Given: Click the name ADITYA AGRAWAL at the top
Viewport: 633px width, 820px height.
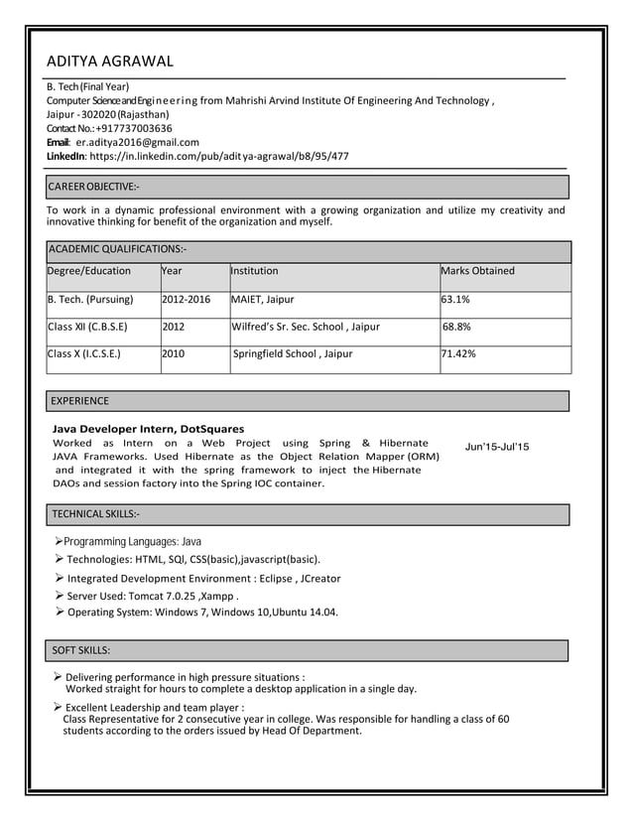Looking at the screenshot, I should click(x=110, y=63).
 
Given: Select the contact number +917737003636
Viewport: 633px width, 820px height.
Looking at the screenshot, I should click(x=132, y=128).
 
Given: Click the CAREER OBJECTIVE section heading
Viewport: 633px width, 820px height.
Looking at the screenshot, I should click(x=95, y=187).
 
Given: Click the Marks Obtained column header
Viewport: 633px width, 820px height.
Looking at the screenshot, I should click(x=478, y=271).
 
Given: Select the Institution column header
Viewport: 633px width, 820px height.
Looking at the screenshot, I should click(x=255, y=271).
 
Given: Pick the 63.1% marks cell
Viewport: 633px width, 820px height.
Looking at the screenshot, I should click(x=456, y=299).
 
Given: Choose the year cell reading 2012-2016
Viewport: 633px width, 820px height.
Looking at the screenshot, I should click(x=187, y=299).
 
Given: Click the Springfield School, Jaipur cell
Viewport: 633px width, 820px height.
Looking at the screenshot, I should click(x=292, y=353).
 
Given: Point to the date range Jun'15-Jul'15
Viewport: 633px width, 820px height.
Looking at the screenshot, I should click(x=497, y=447).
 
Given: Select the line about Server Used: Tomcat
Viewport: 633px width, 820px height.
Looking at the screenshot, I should click(x=154, y=596).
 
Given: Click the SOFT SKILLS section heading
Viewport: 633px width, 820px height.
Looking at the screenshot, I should click(x=80, y=650).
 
